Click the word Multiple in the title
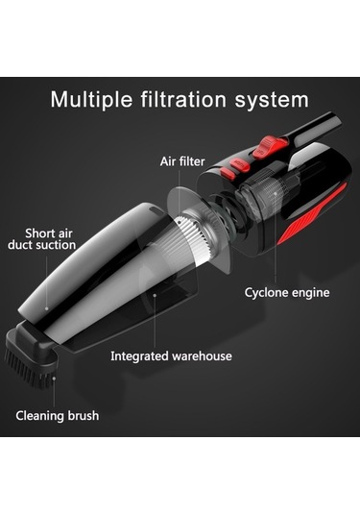(91, 100)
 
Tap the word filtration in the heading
(183, 99)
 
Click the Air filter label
(182, 161)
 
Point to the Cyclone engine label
(287, 292)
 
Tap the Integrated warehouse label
(171, 356)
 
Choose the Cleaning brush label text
(58, 415)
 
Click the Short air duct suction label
(41, 239)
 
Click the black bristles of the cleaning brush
(28, 369)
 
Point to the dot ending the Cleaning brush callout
(54, 379)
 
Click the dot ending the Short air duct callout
(46, 308)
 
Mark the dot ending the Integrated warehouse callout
(155, 295)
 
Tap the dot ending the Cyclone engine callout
(276, 194)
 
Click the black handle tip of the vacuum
(334, 121)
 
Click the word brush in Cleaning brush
(84, 415)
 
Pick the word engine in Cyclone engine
(310, 293)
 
